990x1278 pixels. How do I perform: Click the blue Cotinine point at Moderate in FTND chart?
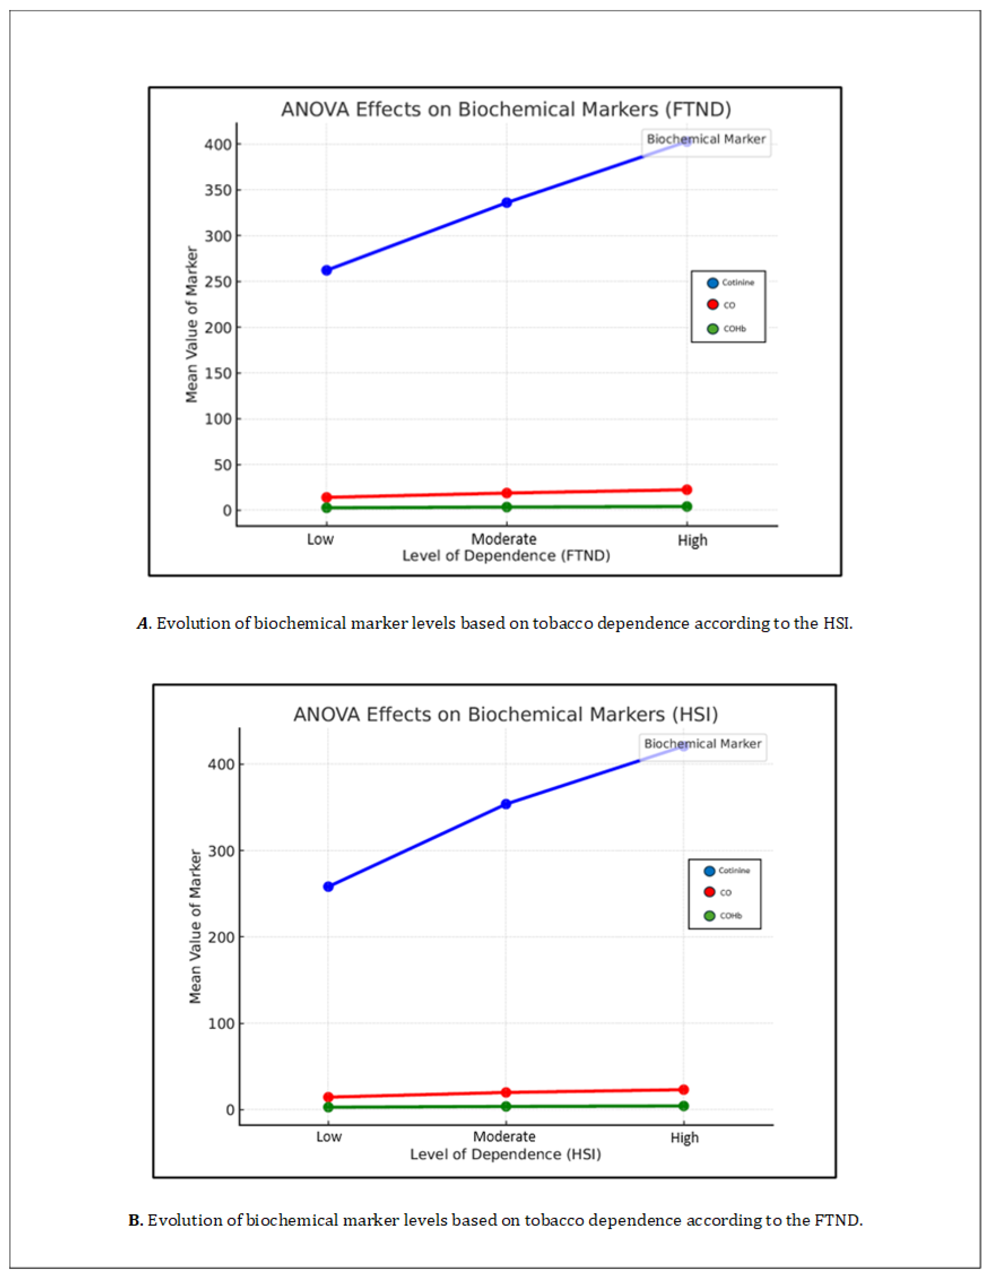tap(507, 202)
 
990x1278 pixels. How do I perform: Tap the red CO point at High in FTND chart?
tap(687, 490)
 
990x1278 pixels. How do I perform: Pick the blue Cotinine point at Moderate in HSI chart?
tap(506, 804)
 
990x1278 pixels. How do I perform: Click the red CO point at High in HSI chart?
tap(683, 1089)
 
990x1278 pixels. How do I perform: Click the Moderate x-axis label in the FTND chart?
tap(504, 539)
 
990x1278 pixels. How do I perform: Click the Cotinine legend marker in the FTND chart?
tap(712, 283)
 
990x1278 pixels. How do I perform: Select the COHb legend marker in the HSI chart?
tap(709, 916)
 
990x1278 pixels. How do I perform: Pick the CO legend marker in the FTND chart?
tap(712, 305)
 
